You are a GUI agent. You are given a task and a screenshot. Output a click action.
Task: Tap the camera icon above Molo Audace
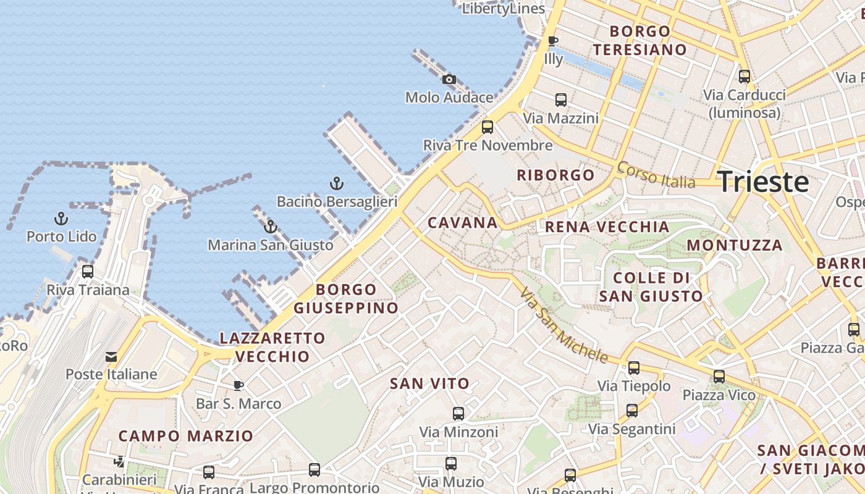pyautogui.click(x=449, y=79)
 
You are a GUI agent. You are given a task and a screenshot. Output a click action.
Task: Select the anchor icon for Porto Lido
pyautogui.click(x=61, y=219)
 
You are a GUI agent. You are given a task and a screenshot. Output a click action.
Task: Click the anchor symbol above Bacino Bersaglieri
pyautogui.click(x=336, y=183)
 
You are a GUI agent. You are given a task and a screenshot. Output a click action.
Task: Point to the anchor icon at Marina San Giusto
pyautogui.click(x=270, y=227)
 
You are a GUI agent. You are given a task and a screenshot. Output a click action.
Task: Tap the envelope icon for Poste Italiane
pyautogui.click(x=111, y=357)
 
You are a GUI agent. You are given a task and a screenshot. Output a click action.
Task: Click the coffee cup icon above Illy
pyautogui.click(x=553, y=41)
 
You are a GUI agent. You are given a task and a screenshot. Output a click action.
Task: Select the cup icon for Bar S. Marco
pyautogui.click(x=238, y=386)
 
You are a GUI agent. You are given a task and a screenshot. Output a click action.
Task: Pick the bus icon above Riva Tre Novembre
pyautogui.click(x=487, y=127)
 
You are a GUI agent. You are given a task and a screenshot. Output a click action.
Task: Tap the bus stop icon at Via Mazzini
pyautogui.click(x=561, y=99)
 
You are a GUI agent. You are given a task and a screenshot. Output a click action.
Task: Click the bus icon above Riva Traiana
pyautogui.click(x=88, y=272)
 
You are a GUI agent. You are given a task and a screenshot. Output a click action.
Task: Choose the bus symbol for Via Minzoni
pyautogui.click(x=458, y=414)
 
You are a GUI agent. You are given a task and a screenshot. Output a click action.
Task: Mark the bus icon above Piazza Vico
pyautogui.click(x=719, y=377)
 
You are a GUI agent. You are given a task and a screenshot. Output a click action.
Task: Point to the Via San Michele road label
pyautogui.click(x=563, y=325)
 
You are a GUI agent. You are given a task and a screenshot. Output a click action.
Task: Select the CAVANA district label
pyautogui.click(x=463, y=223)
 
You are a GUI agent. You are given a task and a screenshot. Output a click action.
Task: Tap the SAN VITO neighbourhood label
pyautogui.click(x=430, y=383)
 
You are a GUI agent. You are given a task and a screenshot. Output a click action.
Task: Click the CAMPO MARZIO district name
pyautogui.click(x=186, y=436)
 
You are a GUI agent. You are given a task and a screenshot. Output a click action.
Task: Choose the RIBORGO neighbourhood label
pyautogui.click(x=555, y=175)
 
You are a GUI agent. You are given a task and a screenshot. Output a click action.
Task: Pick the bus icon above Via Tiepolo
pyautogui.click(x=634, y=368)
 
